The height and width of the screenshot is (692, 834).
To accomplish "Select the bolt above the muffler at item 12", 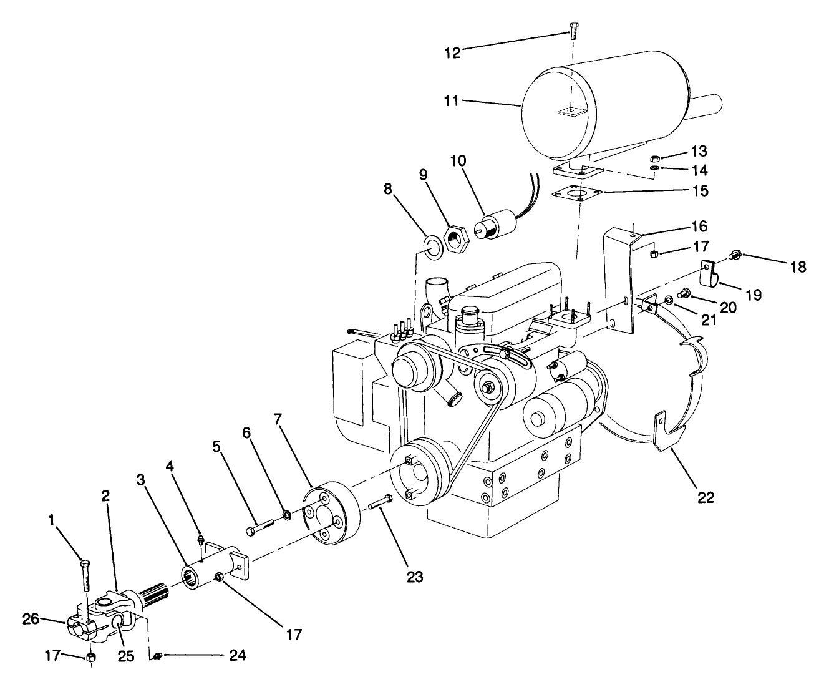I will click(x=574, y=29).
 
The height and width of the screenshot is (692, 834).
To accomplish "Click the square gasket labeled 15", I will click(x=580, y=193).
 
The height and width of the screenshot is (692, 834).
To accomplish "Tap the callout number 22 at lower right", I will click(x=706, y=497).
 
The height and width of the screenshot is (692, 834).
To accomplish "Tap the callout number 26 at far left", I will click(x=31, y=619).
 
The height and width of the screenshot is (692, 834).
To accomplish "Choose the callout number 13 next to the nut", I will click(x=699, y=152).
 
